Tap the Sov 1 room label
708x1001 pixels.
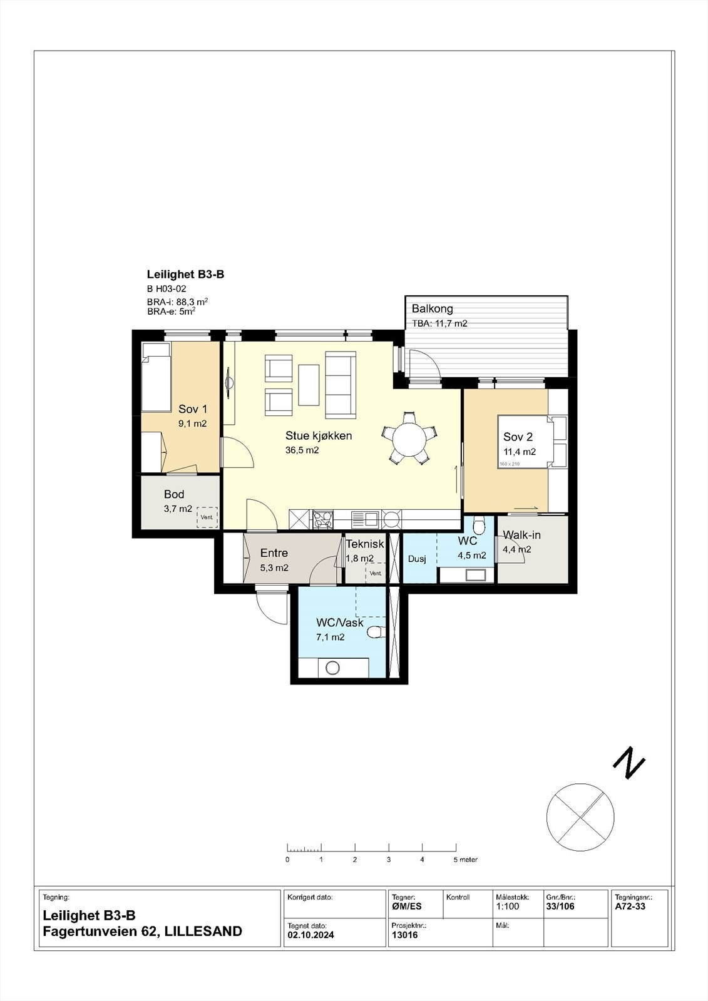pos(193,409)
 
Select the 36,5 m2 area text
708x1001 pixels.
pos(302,450)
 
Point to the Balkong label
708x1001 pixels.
pos(432,309)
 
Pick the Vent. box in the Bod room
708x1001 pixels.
pos(207,517)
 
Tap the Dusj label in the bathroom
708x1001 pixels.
pos(417,559)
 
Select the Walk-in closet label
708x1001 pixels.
pos(521,535)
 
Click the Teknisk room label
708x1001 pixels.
pos(365,544)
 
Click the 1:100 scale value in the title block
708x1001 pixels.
pos(508,907)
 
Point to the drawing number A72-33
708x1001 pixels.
pos(630,907)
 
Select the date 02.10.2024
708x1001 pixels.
pos(311,935)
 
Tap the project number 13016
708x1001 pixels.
pos(405,935)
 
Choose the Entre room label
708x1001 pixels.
pos(274,553)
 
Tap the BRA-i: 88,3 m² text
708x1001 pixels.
pos(178,302)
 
